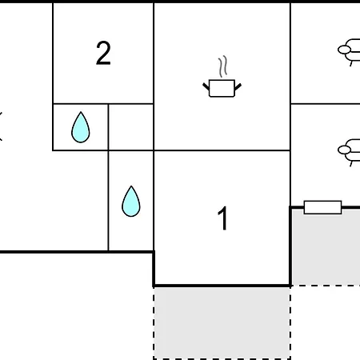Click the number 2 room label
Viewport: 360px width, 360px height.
(103, 53)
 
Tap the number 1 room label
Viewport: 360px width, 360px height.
(223, 218)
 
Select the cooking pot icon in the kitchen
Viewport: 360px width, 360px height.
(222, 88)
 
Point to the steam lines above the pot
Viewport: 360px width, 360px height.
(223, 66)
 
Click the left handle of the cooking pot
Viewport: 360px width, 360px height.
(206, 86)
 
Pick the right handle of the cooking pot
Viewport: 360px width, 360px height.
(238, 86)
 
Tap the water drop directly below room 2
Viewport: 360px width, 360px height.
(81, 127)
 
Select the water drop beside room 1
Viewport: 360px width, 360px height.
(131, 202)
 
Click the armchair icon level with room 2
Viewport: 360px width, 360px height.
(350, 52)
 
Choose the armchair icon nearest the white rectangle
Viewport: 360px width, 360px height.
(350, 152)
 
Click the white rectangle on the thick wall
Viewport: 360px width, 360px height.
(322, 207)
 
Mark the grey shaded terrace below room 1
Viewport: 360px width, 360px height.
(222, 322)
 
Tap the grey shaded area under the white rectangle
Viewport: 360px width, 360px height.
(326, 246)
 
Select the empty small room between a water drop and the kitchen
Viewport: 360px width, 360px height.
(131, 127)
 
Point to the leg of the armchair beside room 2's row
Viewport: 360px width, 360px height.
(351, 63)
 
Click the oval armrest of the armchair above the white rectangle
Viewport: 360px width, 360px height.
(344, 150)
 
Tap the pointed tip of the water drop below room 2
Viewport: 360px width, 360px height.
(81, 112)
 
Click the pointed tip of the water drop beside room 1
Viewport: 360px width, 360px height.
(131, 186)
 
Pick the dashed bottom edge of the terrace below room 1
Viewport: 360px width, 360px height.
(222, 358)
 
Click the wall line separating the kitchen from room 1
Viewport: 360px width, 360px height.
(222, 150)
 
